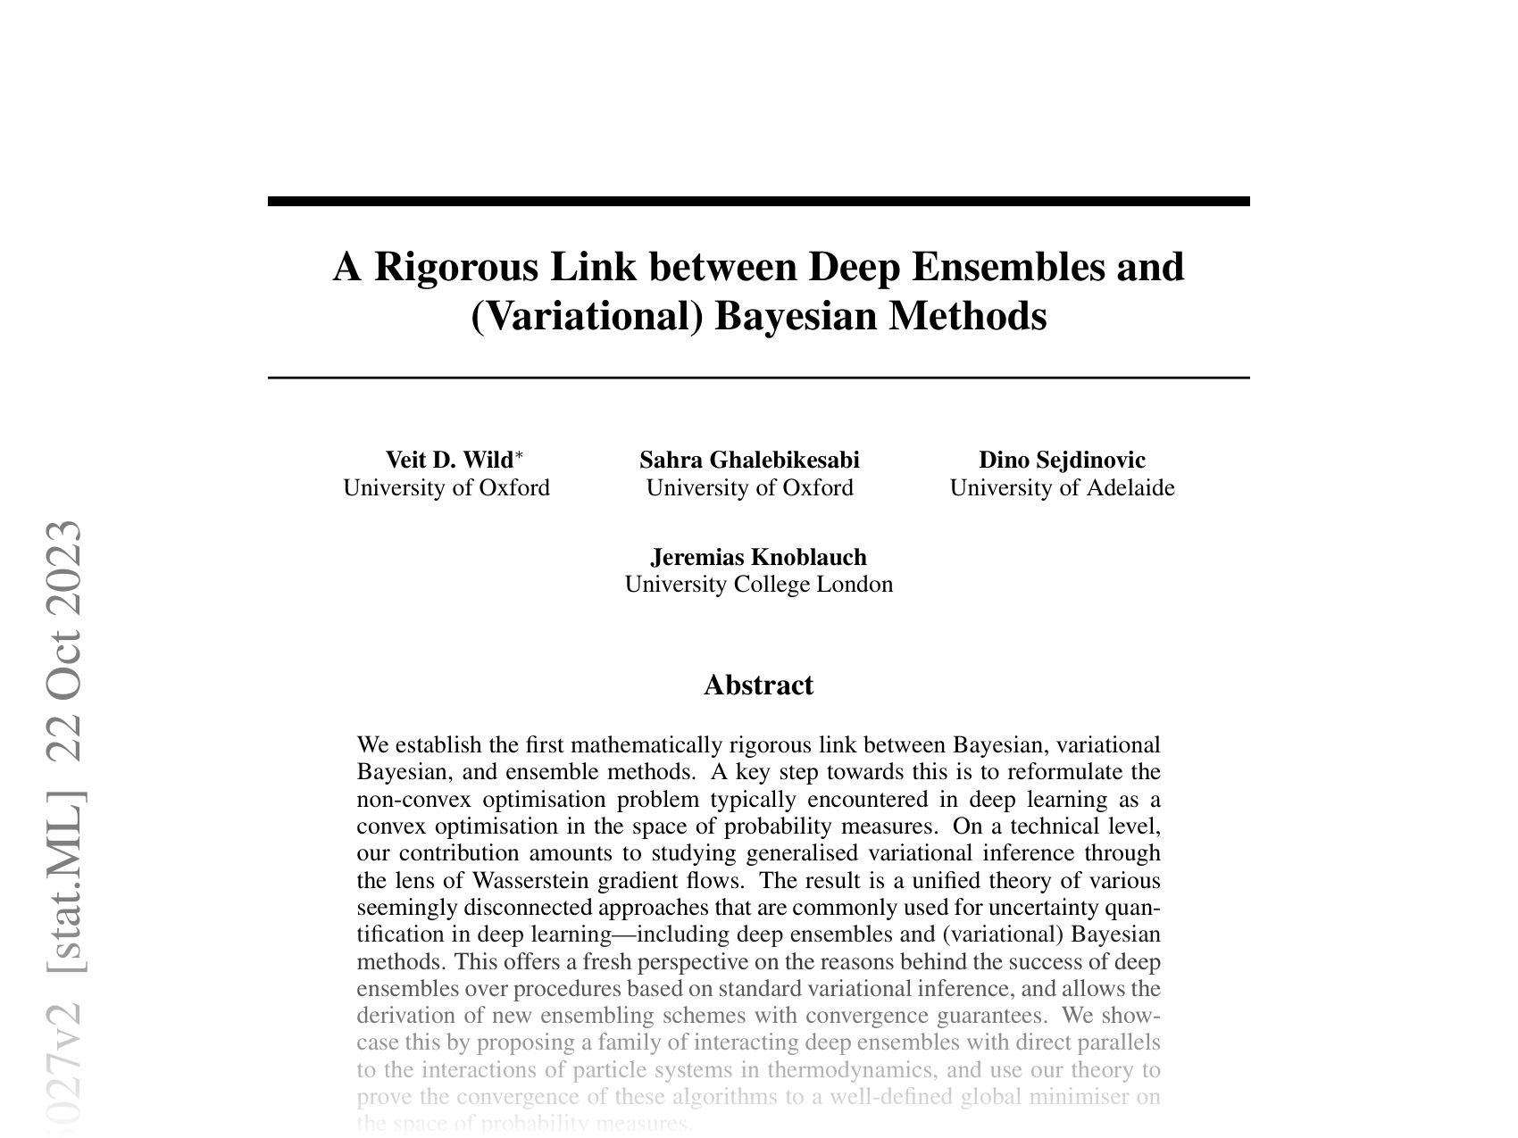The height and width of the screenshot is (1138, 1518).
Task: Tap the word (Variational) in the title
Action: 587,316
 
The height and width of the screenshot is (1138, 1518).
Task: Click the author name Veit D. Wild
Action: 449,460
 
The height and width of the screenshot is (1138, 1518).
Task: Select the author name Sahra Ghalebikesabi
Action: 749,460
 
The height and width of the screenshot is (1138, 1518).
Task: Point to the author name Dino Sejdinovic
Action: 1062,460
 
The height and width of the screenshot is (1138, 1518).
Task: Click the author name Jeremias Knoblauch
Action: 758,557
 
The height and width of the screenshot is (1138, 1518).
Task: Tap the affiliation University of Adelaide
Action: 1062,488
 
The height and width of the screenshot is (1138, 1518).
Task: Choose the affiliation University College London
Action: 758,585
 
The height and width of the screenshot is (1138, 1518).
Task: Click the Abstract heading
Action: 758,685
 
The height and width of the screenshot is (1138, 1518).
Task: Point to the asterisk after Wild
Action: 520,456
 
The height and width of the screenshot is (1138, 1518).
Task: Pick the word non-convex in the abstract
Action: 413,799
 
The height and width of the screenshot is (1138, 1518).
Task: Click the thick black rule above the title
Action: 758,202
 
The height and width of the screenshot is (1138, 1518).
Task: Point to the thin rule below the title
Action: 758,378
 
